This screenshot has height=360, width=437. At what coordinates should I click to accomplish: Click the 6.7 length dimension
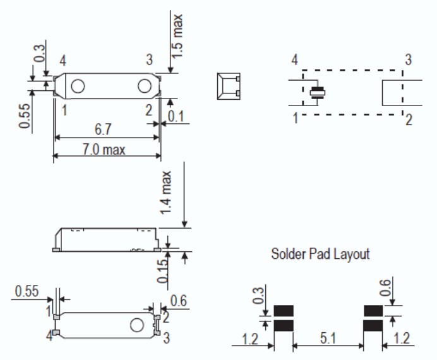[x=105, y=129]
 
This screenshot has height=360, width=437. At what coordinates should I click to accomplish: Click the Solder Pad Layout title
[x=320, y=255]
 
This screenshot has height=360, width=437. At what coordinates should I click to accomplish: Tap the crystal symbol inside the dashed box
[x=318, y=93]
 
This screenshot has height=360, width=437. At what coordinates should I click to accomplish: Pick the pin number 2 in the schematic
[x=409, y=120]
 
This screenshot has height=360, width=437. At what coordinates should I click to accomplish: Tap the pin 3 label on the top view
[x=149, y=60]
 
